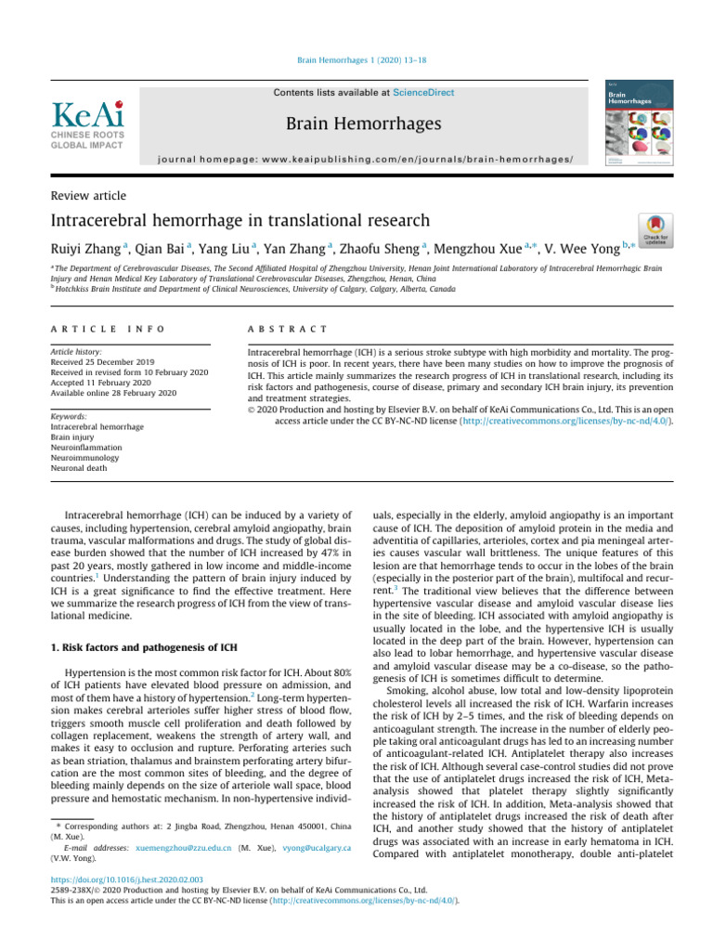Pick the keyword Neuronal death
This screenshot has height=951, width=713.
(79, 468)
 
